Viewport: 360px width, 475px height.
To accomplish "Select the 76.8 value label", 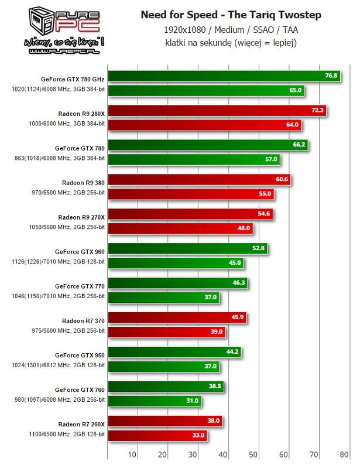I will pos(331,76).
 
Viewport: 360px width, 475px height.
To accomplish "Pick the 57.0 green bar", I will pos(194,159).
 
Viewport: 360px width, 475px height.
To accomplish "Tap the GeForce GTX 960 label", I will pos(80,251).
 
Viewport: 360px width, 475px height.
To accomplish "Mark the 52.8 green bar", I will pos(188,248).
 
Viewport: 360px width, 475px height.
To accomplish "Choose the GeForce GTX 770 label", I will pos(80,286).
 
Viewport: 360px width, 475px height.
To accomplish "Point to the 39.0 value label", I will pos(217,332).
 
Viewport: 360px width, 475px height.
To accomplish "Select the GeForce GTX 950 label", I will pos(80,355).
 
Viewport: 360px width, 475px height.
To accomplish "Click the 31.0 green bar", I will pos(155,401).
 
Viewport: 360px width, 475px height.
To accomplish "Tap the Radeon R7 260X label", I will pos(81,424).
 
